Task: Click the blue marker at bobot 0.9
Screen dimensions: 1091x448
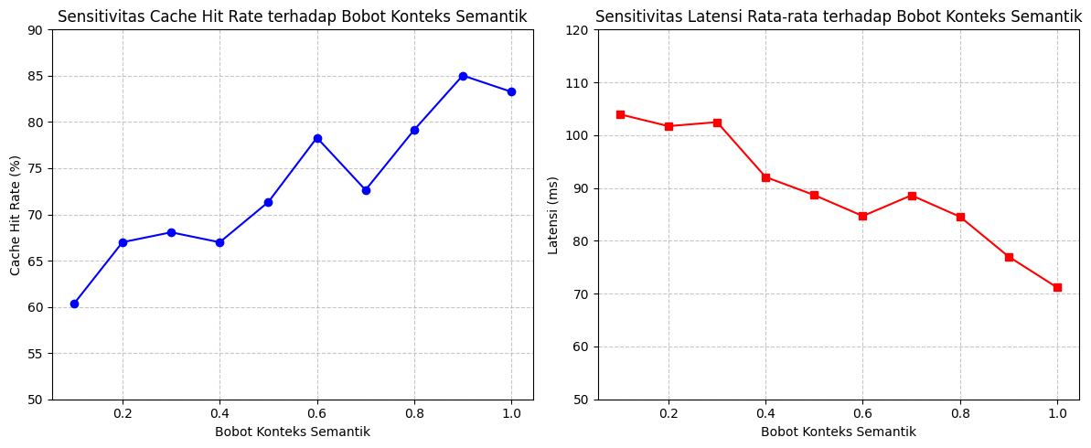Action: pos(463,76)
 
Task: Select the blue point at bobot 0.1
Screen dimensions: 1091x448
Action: pos(74,304)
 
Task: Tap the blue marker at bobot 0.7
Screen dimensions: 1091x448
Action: pos(366,190)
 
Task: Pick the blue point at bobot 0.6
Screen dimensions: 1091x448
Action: pos(317,138)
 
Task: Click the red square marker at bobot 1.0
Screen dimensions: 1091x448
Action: pos(1057,287)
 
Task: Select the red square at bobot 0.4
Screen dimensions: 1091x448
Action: pos(766,177)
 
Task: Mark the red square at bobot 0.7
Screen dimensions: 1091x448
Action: pos(912,196)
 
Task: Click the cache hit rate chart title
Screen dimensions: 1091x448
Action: pos(293,16)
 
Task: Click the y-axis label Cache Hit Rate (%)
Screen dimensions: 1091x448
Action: pos(15,214)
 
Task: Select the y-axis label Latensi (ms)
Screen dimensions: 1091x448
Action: pos(554,214)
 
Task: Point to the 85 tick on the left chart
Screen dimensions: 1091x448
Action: pos(35,76)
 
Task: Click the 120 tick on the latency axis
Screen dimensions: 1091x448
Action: pos(577,30)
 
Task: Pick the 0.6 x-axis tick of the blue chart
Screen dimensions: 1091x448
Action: pos(317,412)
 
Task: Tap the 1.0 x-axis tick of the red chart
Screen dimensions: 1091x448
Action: pos(1057,412)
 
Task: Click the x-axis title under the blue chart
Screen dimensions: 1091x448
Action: pos(293,432)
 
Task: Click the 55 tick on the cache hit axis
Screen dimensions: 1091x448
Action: pos(35,354)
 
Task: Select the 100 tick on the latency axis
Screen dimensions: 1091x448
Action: pos(577,135)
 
